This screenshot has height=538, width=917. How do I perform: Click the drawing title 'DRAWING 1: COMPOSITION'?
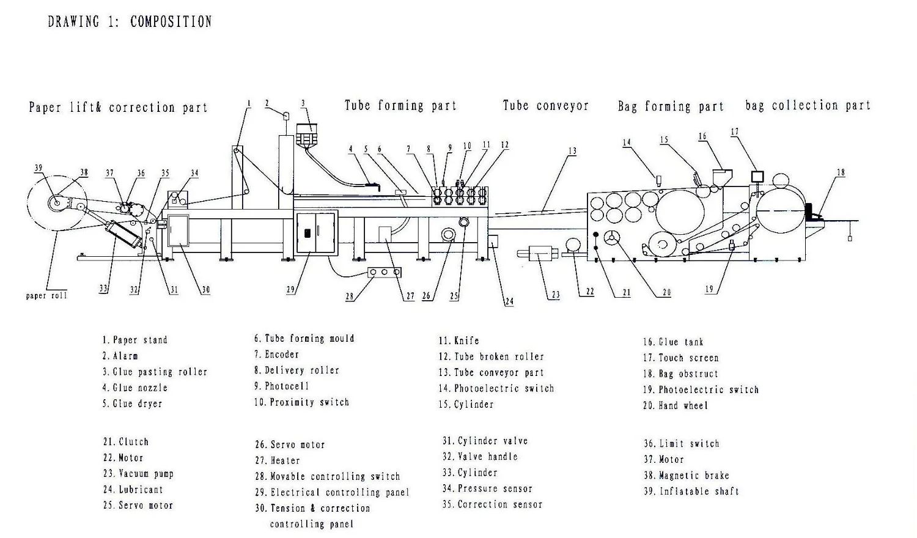130,22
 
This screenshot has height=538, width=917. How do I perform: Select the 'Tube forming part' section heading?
400,105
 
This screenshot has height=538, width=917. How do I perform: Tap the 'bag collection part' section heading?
808,105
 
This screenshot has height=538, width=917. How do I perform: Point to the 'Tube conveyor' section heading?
545,105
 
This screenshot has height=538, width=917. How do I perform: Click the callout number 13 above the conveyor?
572,151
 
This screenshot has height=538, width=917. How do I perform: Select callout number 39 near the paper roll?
39,168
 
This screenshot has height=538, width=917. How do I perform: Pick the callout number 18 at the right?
841,172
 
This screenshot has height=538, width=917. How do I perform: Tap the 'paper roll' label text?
46,296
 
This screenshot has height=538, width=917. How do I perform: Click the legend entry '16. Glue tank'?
673,342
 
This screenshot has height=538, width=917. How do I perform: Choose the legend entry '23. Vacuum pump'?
138,474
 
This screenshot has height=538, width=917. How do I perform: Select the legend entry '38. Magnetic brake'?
686,476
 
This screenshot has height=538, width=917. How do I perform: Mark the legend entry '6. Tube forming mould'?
304,339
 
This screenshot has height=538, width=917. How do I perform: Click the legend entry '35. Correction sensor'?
492,505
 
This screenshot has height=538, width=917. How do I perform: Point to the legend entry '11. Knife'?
458,341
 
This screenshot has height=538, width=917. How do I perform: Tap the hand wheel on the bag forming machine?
612,238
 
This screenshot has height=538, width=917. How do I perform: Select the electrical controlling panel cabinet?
316,232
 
